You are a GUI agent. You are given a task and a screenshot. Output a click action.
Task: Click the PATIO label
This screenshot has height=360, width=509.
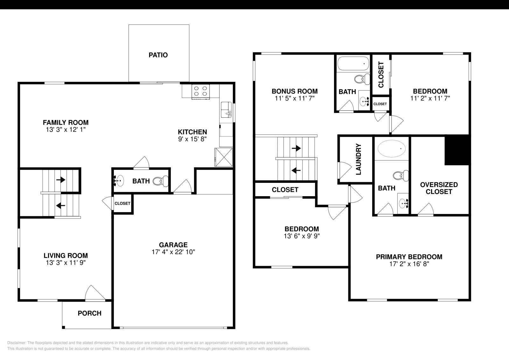click(158, 55)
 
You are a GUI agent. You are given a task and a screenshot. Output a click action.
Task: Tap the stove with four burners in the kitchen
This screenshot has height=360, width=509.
click(200, 91)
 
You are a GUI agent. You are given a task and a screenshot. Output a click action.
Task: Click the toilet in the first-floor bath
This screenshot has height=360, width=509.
click(158, 181)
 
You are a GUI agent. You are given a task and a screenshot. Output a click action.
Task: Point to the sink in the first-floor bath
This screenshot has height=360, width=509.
click(120, 181)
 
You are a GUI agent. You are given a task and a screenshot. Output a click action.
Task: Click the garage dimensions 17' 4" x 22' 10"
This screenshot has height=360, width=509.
click(173, 252)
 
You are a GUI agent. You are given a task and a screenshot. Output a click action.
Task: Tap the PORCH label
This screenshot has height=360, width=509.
click(90, 313)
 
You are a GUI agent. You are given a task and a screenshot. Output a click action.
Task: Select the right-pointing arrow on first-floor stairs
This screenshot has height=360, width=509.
click(61, 180)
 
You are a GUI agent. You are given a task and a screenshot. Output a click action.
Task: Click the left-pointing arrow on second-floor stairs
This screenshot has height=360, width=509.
click(296, 170)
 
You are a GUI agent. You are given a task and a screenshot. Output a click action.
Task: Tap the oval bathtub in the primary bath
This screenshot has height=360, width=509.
click(392, 149)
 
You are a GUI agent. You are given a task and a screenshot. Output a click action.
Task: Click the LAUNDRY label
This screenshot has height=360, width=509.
click(359, 159)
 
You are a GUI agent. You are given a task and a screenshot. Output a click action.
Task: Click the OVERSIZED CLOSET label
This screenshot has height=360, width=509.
click(439, 188)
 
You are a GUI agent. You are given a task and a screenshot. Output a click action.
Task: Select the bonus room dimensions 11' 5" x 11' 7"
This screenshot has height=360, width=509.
click(295, 99)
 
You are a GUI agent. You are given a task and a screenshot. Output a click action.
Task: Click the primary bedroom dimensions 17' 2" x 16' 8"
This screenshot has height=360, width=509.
click(409, 264)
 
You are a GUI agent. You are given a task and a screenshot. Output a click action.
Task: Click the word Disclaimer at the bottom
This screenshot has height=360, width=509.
click(16, 343)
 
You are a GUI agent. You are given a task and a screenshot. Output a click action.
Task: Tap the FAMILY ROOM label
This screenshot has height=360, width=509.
click(66, 122)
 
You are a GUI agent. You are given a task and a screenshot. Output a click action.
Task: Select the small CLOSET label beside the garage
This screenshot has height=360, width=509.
click(122, 203)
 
